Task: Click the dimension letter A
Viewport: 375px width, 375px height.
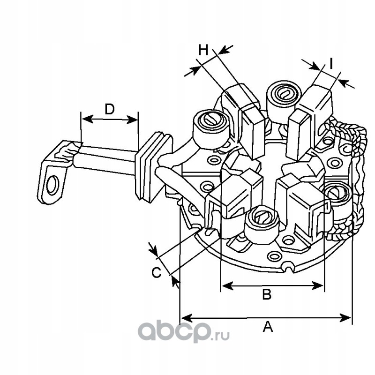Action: coord(268,327)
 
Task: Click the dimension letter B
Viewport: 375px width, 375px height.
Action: coord(267,294)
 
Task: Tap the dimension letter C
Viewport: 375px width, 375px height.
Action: coord(157,272)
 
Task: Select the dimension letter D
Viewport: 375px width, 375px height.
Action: coord(110,109)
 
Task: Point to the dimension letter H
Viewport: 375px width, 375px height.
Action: coord(203,50)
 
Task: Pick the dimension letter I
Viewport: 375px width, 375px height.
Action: coord(331,63)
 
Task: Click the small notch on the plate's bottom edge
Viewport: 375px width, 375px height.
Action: coord(289,267)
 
